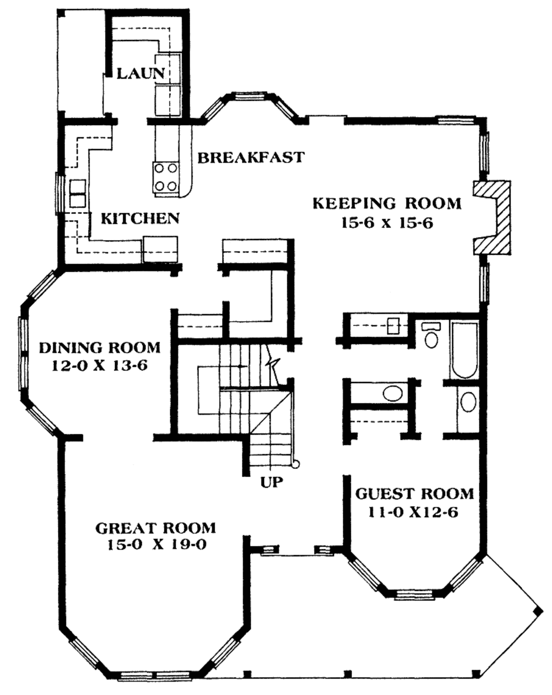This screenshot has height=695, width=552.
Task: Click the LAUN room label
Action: click(x=141, y=73)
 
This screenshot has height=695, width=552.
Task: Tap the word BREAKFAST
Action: click(x=251, y=157)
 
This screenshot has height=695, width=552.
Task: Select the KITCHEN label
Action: click(x=140, y=218)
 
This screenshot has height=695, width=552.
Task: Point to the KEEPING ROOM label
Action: click(x=387, y=203)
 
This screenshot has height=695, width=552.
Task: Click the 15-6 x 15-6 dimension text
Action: click(x=387, y=223)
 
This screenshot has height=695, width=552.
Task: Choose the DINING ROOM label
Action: click(x=100, y=346)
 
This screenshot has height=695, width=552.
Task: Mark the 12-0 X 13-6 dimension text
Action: click(x=100, y=366)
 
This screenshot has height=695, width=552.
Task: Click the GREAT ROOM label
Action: click(x=155, y=527)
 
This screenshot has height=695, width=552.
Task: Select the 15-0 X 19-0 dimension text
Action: click(x=155, y=545)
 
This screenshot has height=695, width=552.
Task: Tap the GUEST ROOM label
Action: click(x=414, y=493)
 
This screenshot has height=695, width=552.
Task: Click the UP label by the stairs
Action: click(x=272, y=481)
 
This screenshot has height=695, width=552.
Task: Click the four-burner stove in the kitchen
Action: click(x=166, y=177)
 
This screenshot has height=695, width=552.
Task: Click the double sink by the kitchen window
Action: click(x=77, y=193)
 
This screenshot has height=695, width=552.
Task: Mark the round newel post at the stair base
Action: click(x=295, y=464)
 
